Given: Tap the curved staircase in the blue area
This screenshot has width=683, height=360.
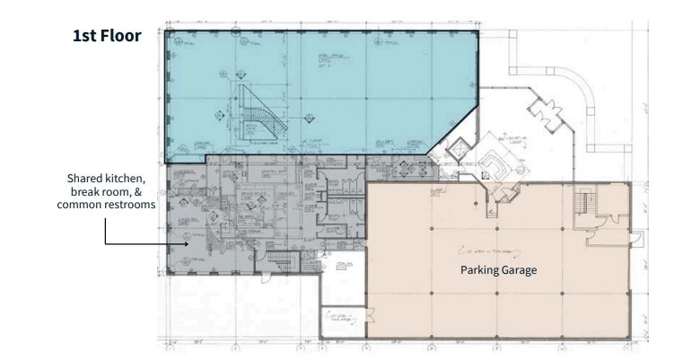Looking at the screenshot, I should click(x=260, y=113).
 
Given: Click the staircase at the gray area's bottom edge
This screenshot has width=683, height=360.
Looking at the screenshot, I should click(x=282, y=261).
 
